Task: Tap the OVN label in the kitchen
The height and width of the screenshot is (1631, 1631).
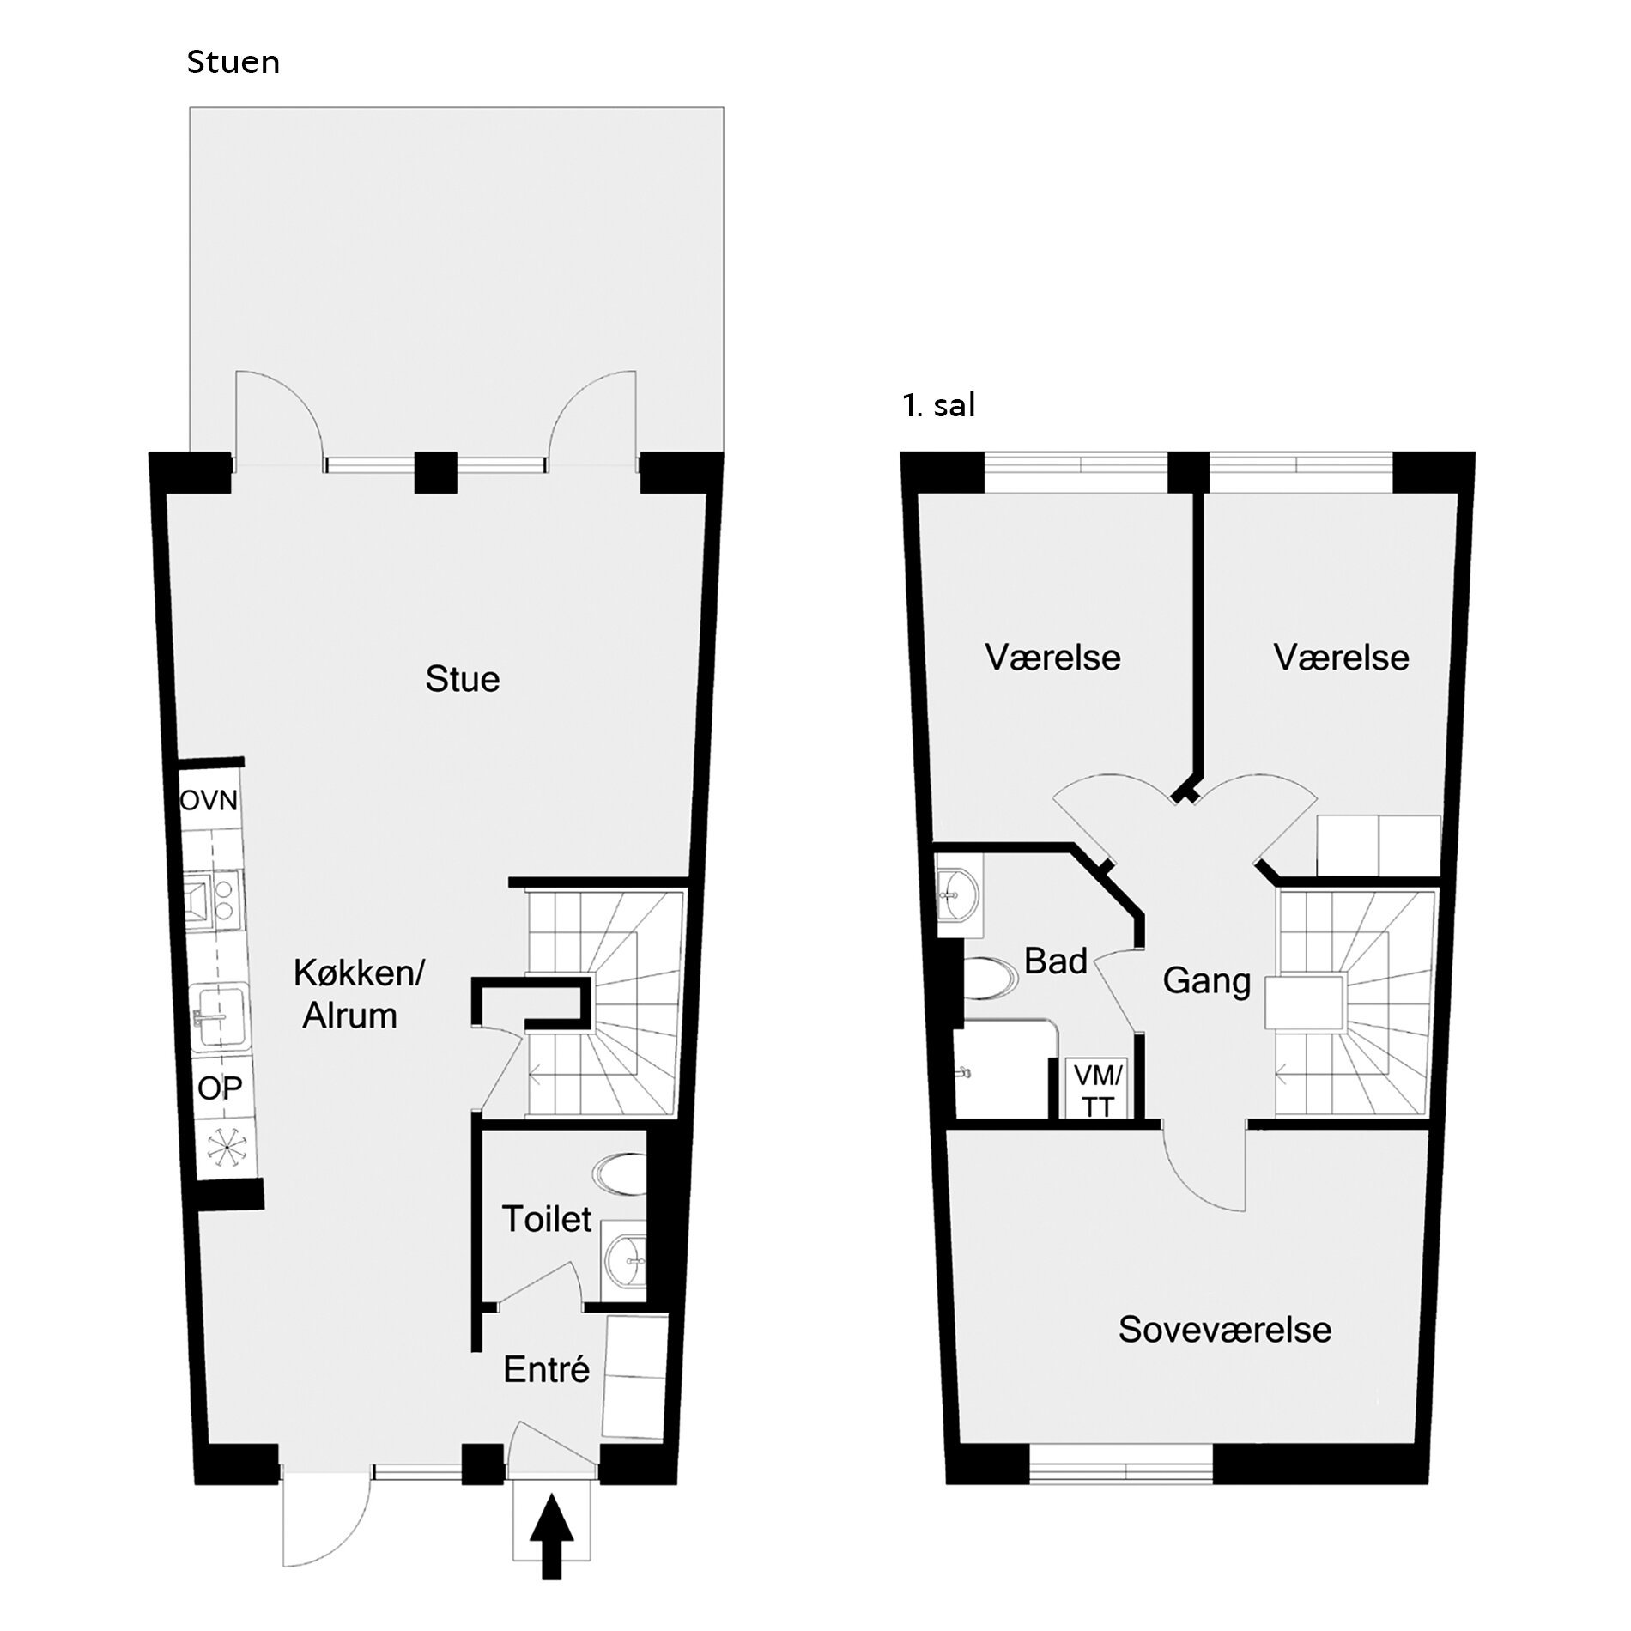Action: click(209, 801)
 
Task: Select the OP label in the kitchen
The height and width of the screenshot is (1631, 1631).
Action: click(220, 1088)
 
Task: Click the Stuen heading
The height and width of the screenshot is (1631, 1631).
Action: click(233, 63)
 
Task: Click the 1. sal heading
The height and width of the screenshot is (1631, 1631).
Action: click(939, 405)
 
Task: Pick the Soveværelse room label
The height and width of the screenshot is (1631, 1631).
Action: click(1225, 1330)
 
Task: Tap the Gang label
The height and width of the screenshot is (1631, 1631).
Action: click(1206, 981)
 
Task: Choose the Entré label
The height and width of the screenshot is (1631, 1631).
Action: click(547, 1369)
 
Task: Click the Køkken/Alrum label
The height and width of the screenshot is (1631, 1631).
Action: click(360, 994)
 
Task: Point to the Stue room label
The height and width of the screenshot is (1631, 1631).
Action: click(463, 679)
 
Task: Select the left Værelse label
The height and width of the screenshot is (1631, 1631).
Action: click(1053, 658)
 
